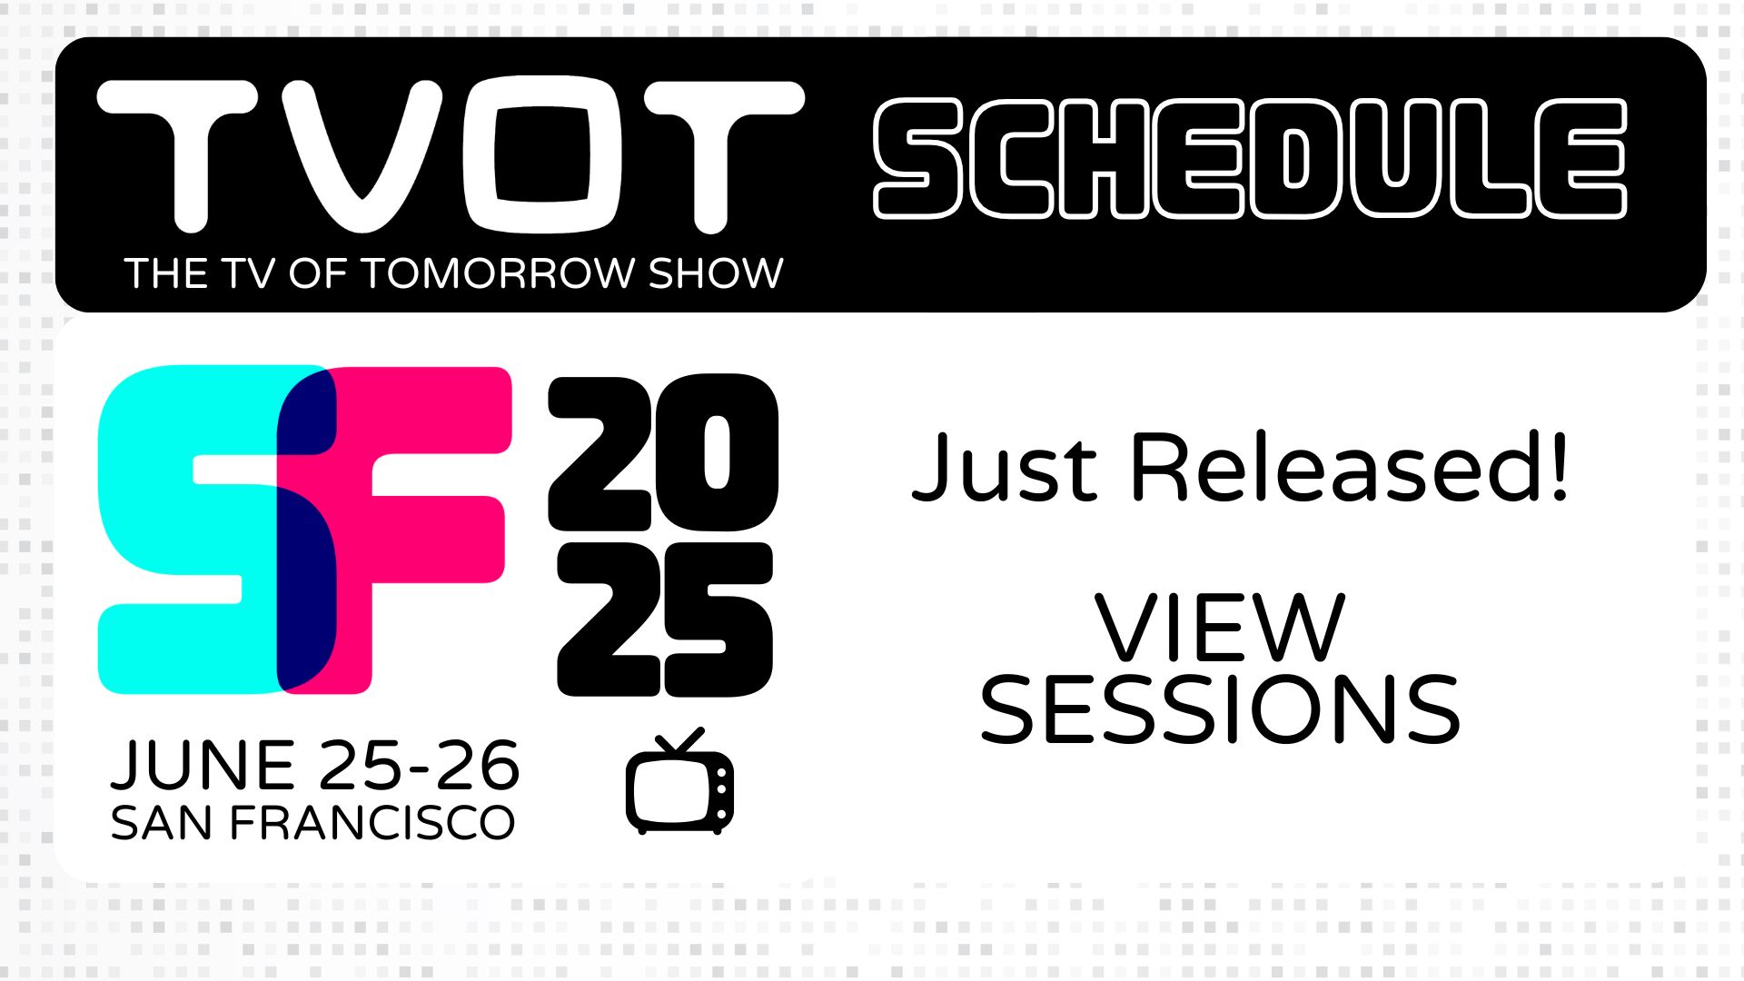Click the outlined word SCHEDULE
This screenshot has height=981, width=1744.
(1250, 159)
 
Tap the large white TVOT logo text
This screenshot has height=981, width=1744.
(451, 154)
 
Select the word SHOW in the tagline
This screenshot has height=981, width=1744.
(716, 273)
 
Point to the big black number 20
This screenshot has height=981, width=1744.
(663, 453)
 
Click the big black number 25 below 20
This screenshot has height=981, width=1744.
(665, 619)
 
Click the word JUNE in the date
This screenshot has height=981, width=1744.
(203, 765)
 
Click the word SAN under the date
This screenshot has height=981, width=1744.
(163, 823)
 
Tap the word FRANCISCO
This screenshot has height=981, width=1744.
(372, 823)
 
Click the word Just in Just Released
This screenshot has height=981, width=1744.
(1005, 468)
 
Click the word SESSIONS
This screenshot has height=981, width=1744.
(1220, 709)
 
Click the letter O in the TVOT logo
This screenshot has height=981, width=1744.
(541, 154)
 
